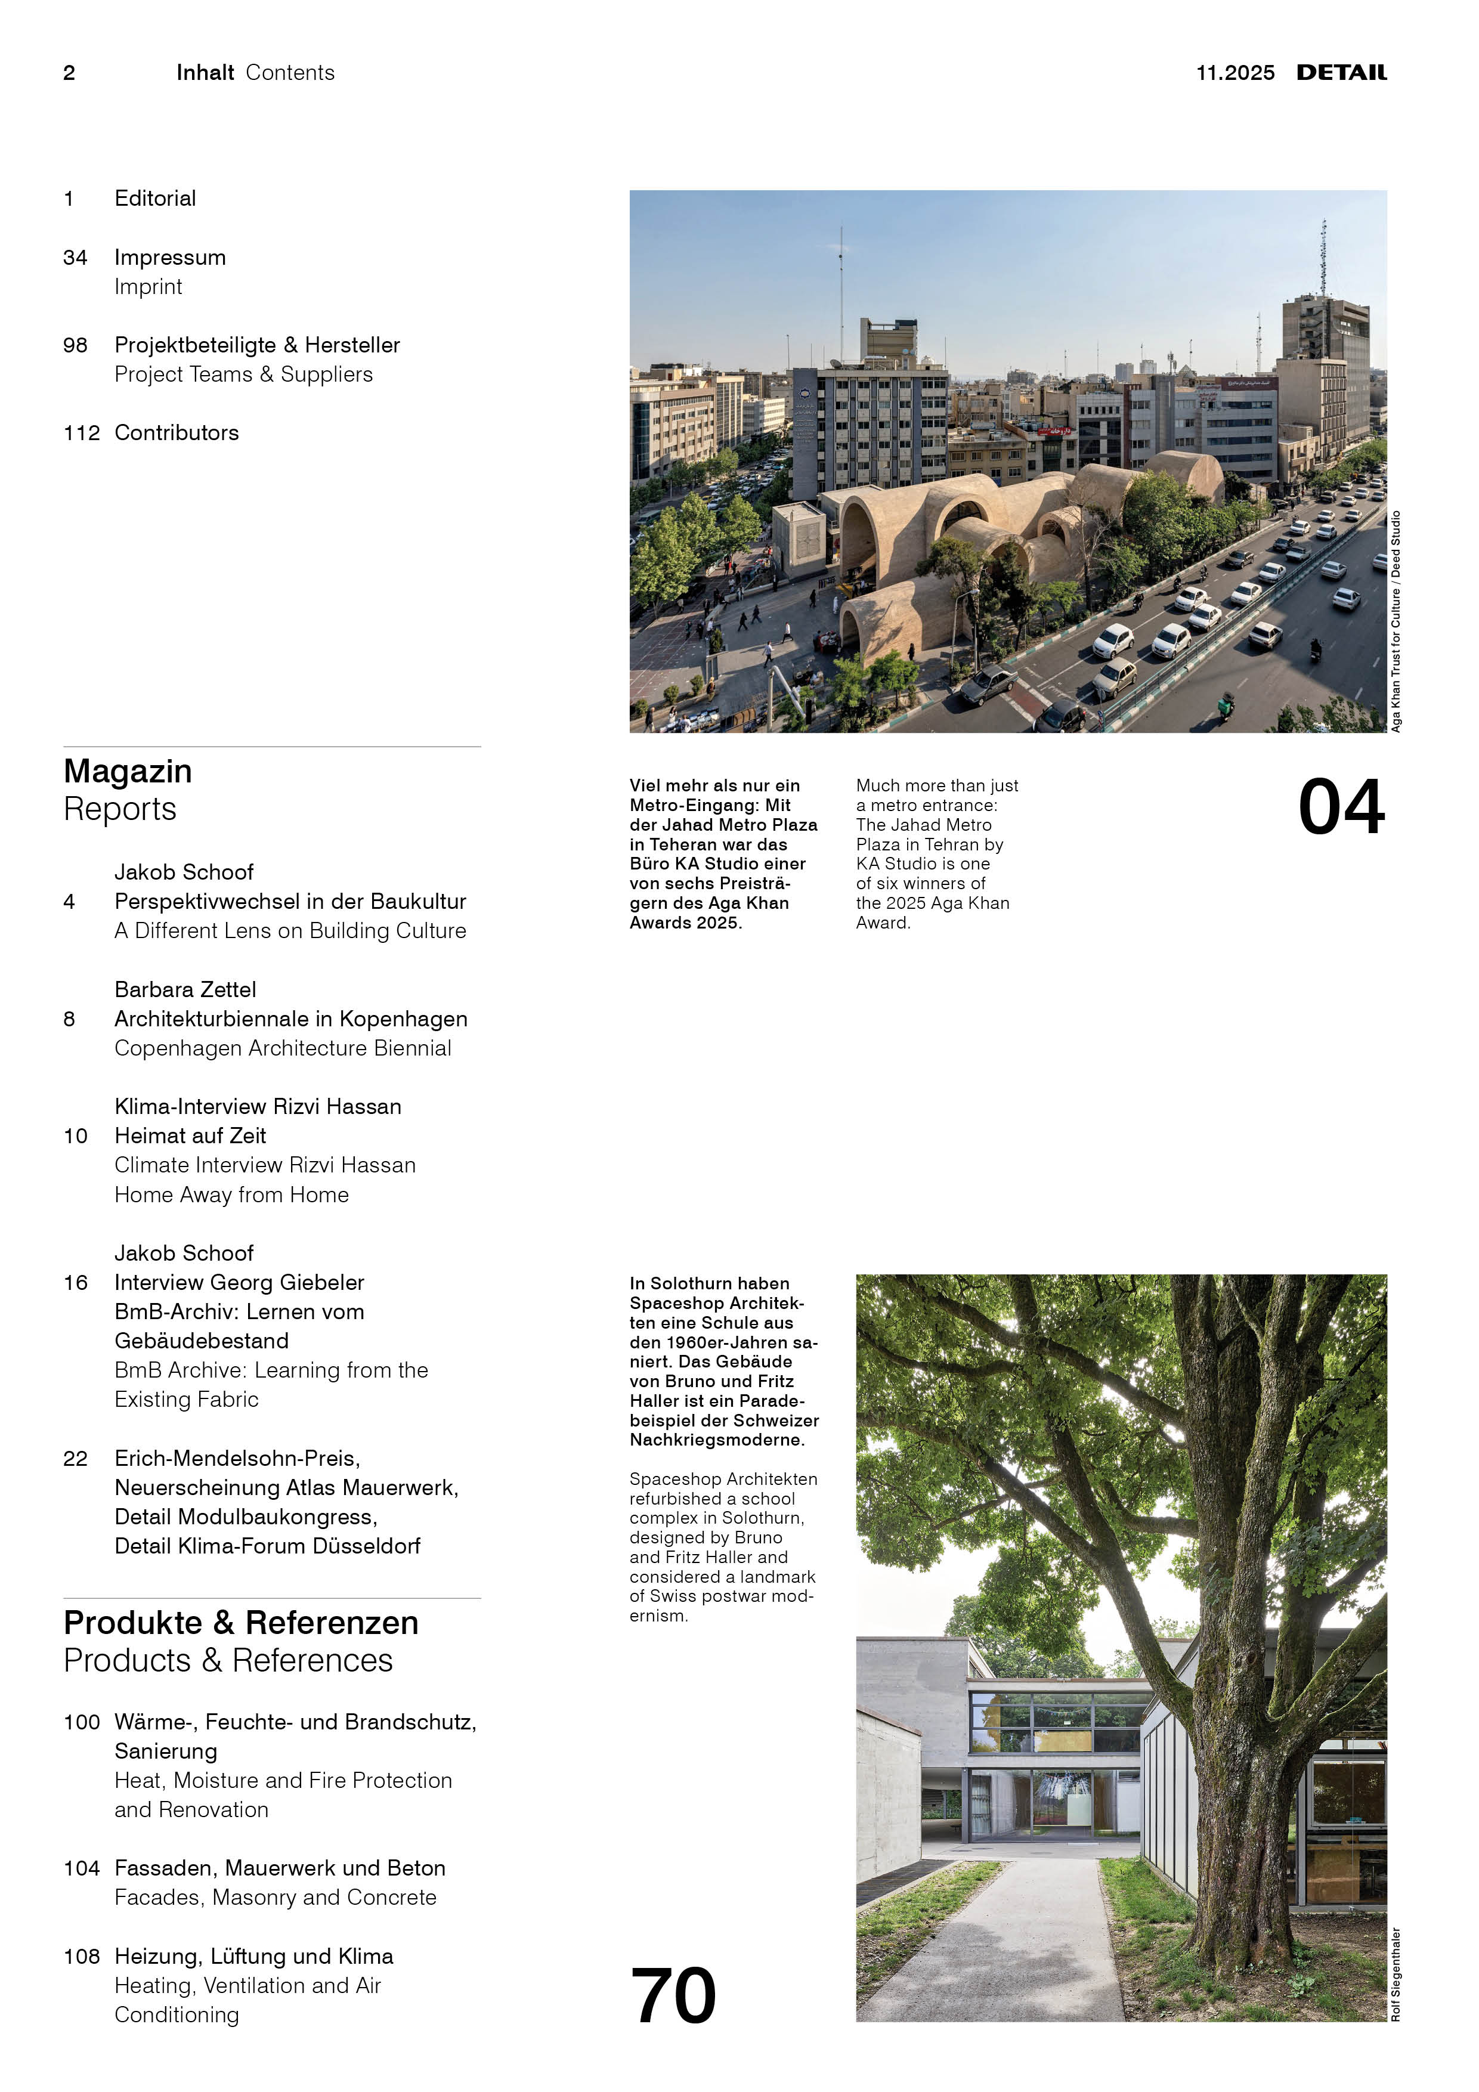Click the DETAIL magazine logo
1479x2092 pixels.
pos(1341,73)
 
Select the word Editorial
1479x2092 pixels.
pos(155,199)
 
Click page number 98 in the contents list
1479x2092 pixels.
pos(76,345)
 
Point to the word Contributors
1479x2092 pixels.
pos(177,433)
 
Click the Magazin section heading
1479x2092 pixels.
pos(128,772)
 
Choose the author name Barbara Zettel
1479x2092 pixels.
pos(185,989)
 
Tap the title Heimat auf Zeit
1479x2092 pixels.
pos(190,1136)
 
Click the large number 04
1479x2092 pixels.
pos(1341,807)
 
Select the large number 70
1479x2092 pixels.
pos(673,1995)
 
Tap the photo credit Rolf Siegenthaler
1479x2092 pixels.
pos(1395,1973)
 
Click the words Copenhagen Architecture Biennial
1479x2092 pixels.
pos(283,1049)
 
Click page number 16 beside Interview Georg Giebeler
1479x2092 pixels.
pos(76,1283)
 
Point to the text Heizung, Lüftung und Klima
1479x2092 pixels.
pos(254,1956)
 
